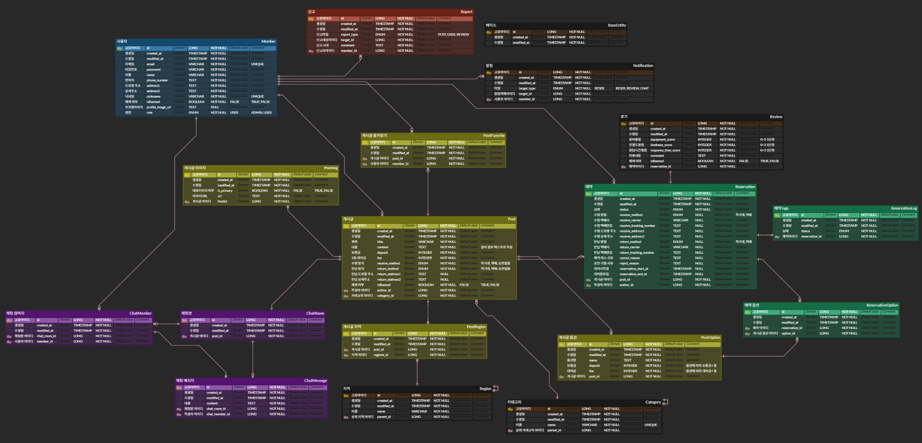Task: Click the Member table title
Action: pyautogui.click(x=268, y=41)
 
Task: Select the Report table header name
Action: pyautogui.click(x=466, y=12)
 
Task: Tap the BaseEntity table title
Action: pyautogui.click(x=617, y=25)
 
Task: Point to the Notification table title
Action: pyautogui.click(x=642, y=66)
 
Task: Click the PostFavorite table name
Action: pyautogui.click(x=493, y=135)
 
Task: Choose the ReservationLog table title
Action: pyautogui.click(x=903, y=208)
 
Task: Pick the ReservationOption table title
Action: pyautogui.click(x=882, y=305)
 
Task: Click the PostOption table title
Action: pyautogui.click(x=710, y=337)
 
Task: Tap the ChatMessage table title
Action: pyautogui.click(x=315, y=380)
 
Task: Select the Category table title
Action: pyautogui.click(x=653, y=402)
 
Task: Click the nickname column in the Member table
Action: pyautogui.click(x=153, y=96)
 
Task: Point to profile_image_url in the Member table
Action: pyautogui.click(x=159, y=107)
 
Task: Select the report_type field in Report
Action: pyautogui.click(x=349, y=34)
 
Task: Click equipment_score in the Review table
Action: pyautogui.click(x=662, y=140)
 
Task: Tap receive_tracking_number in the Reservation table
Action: pyautogui.click(x=637, y=225)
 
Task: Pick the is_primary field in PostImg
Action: pyautogui.click(x=225, y=191)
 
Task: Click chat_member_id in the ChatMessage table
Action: pyautogui.click(x=218, y=414)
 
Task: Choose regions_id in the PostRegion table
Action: pyautogui.click(x=381, y=355)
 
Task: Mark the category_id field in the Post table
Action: pyautogui.click(x=385, y=296)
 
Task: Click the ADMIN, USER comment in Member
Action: pyautogui.click(x=261, y=113)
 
